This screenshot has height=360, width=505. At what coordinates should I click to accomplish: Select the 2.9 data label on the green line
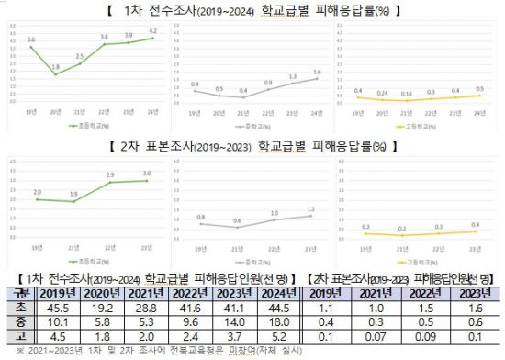pyautogui.click(x=109, y=174)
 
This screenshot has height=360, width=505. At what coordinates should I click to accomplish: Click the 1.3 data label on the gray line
pyautogui.click(x=292, y=76)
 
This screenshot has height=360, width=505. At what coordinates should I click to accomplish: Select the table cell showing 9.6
pyautogui.click(x=181, y=323)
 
